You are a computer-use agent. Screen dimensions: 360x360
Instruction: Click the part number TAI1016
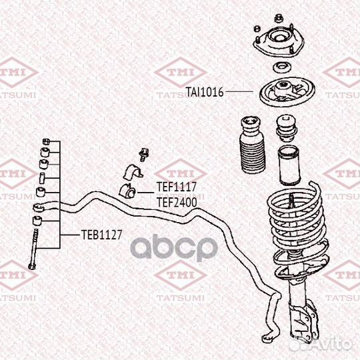[x=205, y=92]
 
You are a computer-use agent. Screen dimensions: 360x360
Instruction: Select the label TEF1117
[x=177, y=187]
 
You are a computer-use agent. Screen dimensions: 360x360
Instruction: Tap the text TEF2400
[x=177, y=202]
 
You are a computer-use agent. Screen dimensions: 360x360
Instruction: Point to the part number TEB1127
[x=102, y=235]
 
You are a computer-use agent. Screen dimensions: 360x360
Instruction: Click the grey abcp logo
[x=174, y=247]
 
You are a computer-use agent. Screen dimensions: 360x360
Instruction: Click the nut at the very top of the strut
[x=279, y=18]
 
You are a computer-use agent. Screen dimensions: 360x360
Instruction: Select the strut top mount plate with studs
[x=279, y=43]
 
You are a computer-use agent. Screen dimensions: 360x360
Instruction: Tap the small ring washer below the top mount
[x=282, y=68]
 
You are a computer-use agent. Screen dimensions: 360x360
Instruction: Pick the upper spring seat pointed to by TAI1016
[x=287, y=92]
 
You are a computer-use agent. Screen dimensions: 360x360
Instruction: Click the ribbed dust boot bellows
[x=252, y=145]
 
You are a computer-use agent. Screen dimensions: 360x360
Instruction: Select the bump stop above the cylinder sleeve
[x=286, y=129]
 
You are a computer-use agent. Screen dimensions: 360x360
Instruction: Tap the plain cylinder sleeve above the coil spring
[x=289, y=165]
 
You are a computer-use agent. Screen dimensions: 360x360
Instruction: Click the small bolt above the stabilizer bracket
[x=144, y=155]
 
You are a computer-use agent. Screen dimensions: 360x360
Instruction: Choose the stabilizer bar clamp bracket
[x=133, y=172]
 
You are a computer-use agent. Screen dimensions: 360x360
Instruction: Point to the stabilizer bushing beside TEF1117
[x=127, y=191]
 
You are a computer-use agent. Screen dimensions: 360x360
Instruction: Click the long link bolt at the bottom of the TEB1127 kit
[x=33, y=249]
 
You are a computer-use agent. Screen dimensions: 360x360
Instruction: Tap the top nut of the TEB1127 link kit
[x=46, y=141]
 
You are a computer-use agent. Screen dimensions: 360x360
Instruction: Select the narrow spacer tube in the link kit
[x=42, y=178]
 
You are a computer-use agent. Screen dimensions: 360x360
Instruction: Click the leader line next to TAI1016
[x=239, y=91]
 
